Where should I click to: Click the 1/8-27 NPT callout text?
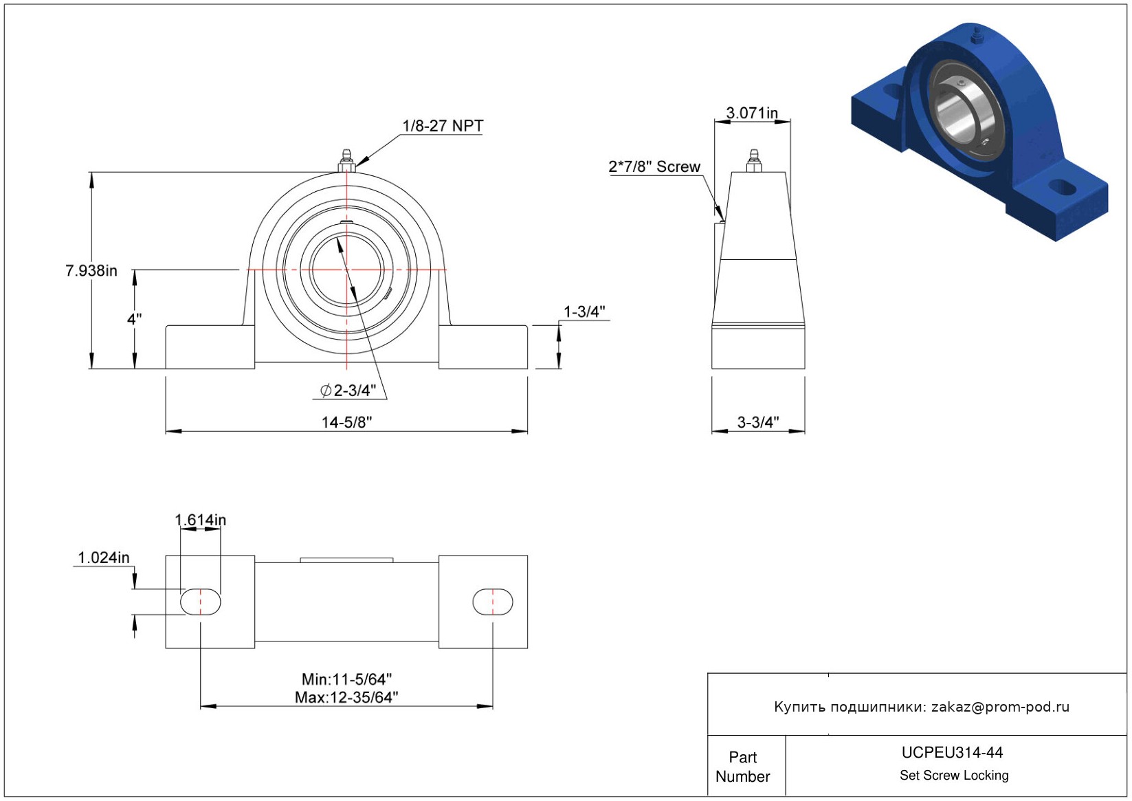(x=443, y=125)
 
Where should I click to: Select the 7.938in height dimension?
(x=91, y=270)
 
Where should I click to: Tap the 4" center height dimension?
(x=135, y=319)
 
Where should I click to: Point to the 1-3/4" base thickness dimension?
(x=584, y=311)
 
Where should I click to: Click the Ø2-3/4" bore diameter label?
(x=348, y=391)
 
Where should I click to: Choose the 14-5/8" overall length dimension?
(x=346, y=421)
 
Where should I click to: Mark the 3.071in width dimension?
(x=752, y=113)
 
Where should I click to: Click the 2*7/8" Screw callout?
(x=654, y=166)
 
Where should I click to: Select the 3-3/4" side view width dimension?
(x=758, y=421)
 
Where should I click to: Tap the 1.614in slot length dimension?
(x=201, y=520)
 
